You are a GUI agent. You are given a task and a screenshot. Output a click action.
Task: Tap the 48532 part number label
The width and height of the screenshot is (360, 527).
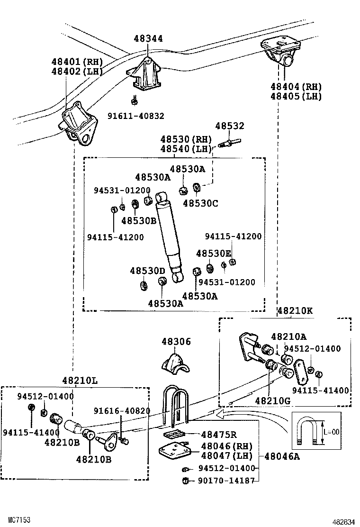(x=230, y=126)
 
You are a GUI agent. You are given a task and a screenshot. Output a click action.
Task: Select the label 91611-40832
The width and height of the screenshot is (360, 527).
(x=135, y=116)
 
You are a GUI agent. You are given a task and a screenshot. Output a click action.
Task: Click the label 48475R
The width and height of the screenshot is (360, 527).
(x=219, y=435)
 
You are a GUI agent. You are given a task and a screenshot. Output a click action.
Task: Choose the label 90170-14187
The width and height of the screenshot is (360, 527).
(x=226, y=480)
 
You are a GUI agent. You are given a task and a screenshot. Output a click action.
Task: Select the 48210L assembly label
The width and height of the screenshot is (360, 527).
(x=81, y=381)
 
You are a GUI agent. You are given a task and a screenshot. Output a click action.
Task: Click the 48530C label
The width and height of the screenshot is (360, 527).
(x=201, y=203)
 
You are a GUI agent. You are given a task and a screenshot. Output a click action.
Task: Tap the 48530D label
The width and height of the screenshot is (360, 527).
(x=147, y=271)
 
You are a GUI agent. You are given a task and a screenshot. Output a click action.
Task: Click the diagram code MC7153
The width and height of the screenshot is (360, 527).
(x=15, y=520)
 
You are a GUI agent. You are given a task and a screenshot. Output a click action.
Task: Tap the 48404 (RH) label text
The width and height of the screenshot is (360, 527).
(x=296, y=87)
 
